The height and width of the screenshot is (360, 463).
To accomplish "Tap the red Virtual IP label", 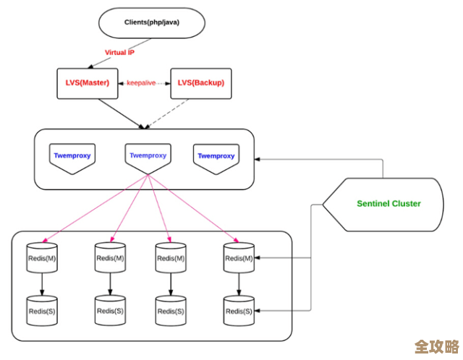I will [x=120, y=53].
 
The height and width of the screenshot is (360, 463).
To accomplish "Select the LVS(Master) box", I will [x=82, y=83].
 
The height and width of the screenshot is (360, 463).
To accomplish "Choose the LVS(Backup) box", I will [x=197, y=83].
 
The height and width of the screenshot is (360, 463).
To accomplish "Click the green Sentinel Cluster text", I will [x=388, y=204].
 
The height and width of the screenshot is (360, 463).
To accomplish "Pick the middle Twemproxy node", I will [x=148, y=157].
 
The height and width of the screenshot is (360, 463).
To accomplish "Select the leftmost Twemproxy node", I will [x=72, y=157].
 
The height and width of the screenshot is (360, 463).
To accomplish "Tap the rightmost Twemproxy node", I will [x=216, y=157].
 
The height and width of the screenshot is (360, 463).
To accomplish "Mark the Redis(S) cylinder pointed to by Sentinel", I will [x=239, y=310].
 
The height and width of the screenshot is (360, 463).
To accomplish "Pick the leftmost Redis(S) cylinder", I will [x=41, y=310].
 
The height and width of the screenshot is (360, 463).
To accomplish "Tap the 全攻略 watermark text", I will [x=436, y=346].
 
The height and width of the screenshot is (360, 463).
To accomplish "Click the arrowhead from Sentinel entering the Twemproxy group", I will [x=260, y=160].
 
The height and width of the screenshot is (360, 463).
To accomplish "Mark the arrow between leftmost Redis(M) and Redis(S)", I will [x=41, y=283].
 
